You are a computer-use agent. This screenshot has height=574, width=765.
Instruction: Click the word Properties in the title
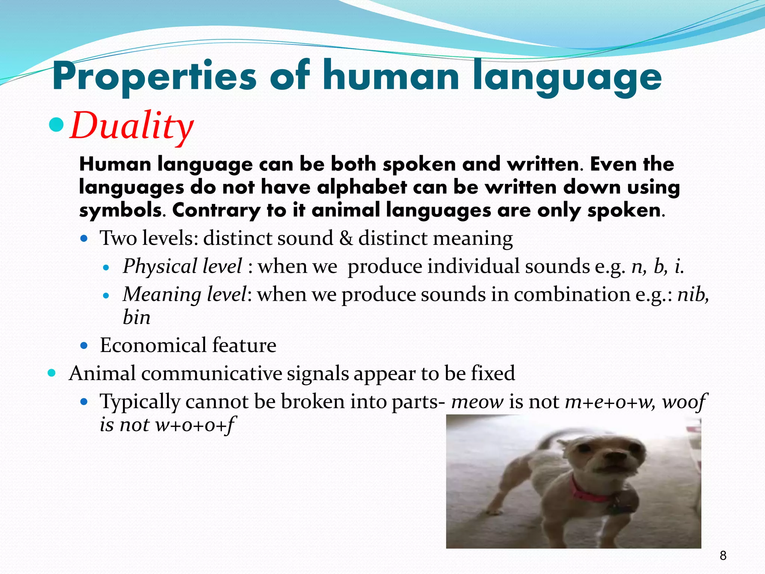(154, 77)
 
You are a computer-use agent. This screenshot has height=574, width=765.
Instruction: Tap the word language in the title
(567, 77)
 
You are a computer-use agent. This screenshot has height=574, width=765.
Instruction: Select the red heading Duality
(131, 126)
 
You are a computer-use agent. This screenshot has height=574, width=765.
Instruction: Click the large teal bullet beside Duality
(57, 125)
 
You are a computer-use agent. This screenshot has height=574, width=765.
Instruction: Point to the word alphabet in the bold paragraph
(362, 187)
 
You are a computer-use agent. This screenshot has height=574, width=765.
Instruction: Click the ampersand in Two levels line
(346, 238)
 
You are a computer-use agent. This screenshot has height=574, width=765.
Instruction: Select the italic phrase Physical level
(182, 266)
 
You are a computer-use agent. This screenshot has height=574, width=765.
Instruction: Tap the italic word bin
(136, 318)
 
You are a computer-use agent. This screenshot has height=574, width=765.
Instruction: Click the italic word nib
(692, 294)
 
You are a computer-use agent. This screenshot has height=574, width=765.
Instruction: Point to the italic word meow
(477, 402)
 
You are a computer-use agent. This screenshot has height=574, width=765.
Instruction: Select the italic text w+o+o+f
(194, 425)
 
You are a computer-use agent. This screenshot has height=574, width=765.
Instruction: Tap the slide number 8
(723, 556)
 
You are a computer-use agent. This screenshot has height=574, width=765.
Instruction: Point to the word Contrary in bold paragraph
(216, 210)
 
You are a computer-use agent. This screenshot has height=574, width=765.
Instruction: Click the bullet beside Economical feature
(84, 345)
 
